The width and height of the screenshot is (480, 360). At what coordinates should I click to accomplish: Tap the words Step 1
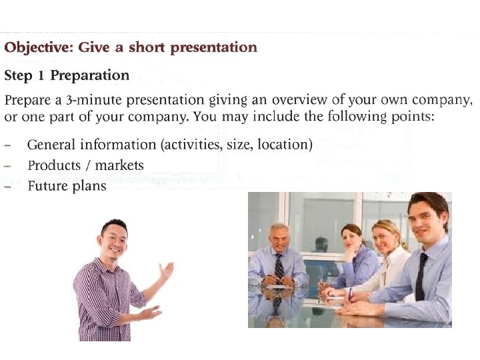(x=25, y=75)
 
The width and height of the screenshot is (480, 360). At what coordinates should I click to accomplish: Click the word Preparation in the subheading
(x=90, y=75)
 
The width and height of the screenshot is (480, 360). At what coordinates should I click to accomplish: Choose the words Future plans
(x=67, y=186)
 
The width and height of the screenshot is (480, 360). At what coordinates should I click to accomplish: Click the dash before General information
(x=8, y=145)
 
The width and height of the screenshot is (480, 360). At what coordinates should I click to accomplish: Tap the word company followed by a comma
(x=447, y=101)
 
